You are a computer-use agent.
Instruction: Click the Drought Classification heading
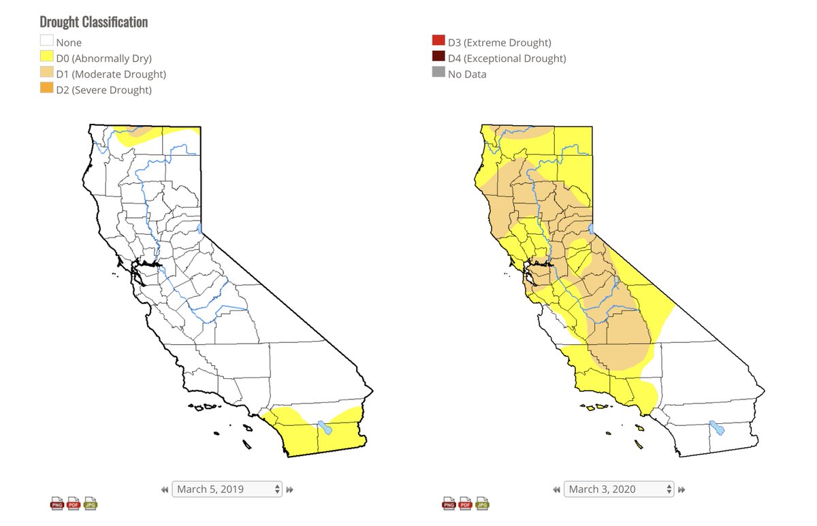click(94, 22)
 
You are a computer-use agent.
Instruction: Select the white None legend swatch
click(46, 42)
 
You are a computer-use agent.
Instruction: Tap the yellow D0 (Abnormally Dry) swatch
click(46, 58)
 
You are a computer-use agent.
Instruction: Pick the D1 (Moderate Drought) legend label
click(111, 74)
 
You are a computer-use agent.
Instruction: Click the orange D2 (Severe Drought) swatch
click(46, 90)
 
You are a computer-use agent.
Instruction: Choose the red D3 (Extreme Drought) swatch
click(438, 42)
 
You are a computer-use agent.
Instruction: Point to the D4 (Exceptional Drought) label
click(507, 59)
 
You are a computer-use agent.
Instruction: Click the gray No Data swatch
click(438, 74)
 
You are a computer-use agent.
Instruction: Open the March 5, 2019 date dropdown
click(227, 489)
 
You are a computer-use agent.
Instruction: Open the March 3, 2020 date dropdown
click(620, 489)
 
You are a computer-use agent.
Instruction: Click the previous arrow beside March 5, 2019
click(165, 489)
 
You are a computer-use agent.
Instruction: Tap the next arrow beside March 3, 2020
click(682, 489)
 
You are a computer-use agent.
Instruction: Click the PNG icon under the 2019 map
click(57, 504)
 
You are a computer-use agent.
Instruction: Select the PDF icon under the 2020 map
click(466, 504)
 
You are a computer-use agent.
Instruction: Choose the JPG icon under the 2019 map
click(91, 504)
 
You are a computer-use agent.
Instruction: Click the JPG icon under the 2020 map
click(483, 504)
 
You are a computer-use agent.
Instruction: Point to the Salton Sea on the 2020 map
click(717, 429)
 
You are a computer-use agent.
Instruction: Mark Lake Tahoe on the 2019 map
click(199, 228)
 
